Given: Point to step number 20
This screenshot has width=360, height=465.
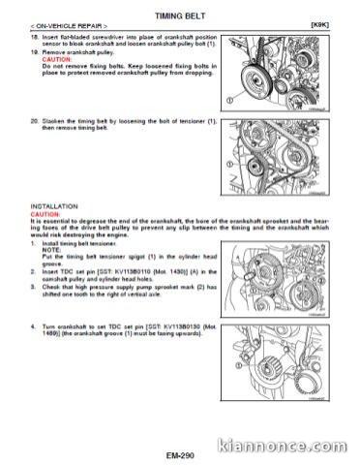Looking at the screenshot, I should pyautogui.click(x=35, y=124).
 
